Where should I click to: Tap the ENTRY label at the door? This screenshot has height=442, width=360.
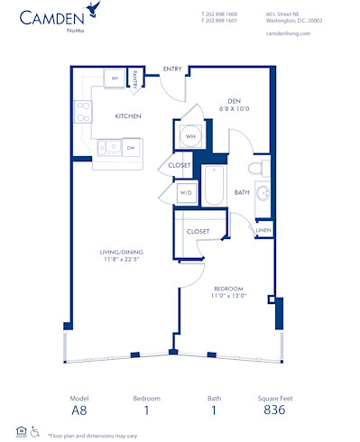click(172, 69)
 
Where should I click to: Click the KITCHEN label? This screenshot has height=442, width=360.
click(126, 116)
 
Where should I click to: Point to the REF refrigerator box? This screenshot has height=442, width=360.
click(115, 79)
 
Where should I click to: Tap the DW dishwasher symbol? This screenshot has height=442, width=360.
click(130, 148)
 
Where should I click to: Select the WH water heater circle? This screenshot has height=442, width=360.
click(190, 137)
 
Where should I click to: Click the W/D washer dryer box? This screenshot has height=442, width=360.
click(185, 192)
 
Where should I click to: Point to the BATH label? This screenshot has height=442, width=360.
click(242, 192)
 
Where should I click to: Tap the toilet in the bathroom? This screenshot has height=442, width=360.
click(254, 167)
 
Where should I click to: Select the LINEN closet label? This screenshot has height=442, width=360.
click(262, 231)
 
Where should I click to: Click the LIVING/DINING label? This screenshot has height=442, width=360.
click(122, 252)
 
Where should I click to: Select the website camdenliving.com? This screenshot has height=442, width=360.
click(289, 32)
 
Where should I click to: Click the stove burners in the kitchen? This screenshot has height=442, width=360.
click(83, 111)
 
